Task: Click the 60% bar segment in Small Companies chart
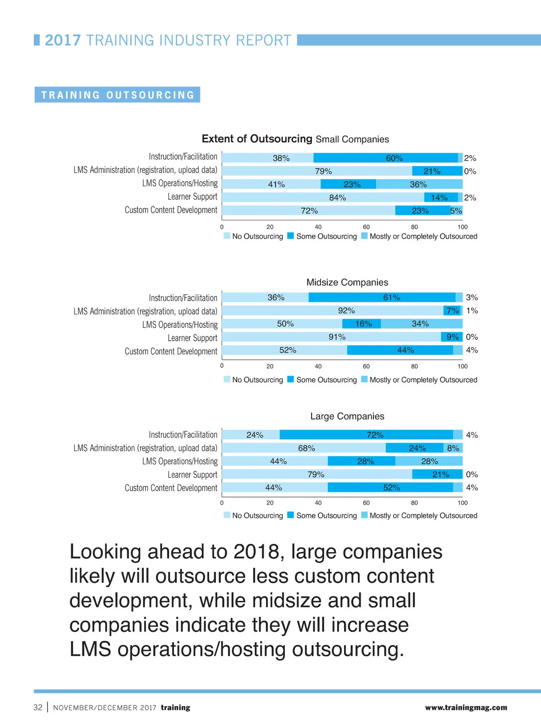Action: [x=385, y=158]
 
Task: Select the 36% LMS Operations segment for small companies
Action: [x=419, y=184]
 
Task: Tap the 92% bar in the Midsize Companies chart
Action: [x=333, y=311]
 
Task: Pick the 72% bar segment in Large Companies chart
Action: [x=366, y=434]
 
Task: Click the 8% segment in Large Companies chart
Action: [x=453, y=448]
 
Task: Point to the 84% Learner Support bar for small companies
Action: [x=323, y=197]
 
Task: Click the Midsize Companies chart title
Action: [x=347, y=282]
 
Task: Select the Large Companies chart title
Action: [x=347, y=416]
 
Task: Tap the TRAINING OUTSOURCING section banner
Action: [x=117, y=95]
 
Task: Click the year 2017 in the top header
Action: [x=63, y=40]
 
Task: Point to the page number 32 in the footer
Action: [x=38, y=707]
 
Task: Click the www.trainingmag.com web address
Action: [x=466, y=707]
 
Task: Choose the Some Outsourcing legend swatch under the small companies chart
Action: [x=291, y=236]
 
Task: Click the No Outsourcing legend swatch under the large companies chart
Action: [x=227, y=515]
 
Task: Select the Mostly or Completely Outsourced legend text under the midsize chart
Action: [x=423, y=380]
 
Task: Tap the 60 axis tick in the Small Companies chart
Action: [x=366, y=227]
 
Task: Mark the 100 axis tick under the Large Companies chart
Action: [x=463, y=503]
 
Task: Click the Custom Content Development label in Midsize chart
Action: [x=171, y=351]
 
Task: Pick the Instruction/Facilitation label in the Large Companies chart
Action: [x=183, y=434]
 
